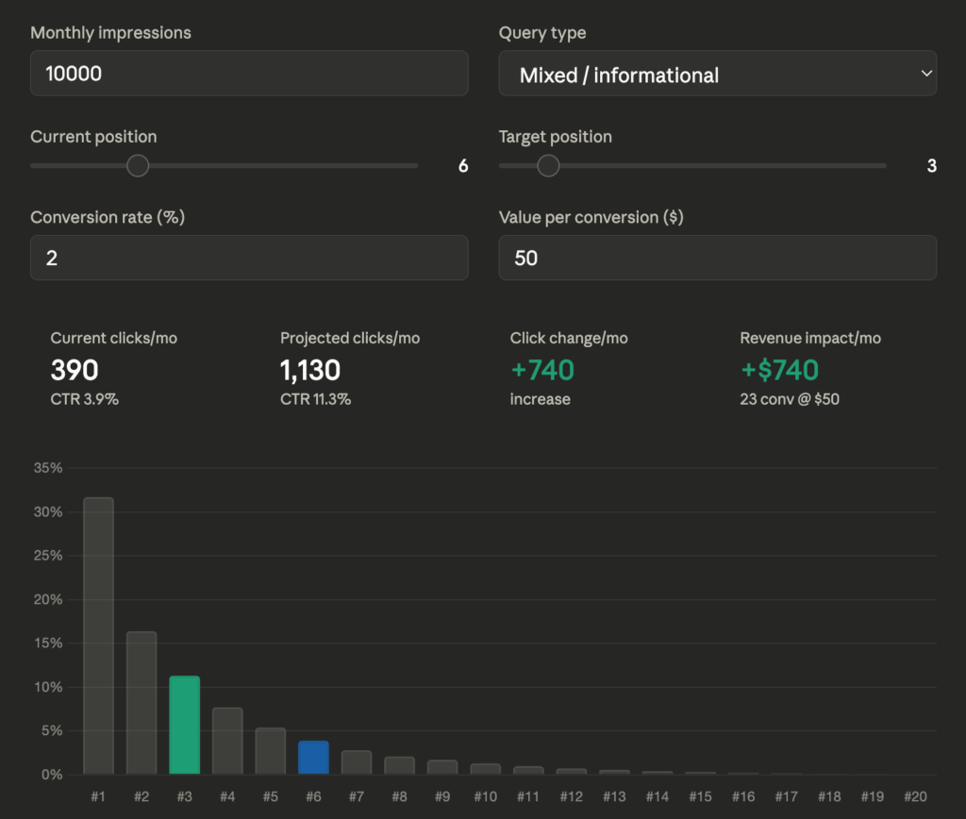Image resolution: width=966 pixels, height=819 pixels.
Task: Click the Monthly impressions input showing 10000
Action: point(249,74)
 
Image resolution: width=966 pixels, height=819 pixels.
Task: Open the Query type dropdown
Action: point(717,74)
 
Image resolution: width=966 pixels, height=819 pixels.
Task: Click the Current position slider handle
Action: point(138,166)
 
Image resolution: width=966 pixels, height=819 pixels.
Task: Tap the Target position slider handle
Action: point(548,166)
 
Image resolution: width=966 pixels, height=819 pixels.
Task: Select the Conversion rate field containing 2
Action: point(249,258)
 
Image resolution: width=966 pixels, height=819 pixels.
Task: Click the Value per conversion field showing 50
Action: point(717,258)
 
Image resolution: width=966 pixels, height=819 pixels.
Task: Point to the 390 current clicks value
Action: point(75,369)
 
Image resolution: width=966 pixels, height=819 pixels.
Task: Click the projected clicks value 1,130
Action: point(310,369)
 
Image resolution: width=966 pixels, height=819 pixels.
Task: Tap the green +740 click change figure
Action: point(542,369)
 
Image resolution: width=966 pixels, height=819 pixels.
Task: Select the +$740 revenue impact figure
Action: point(779,369)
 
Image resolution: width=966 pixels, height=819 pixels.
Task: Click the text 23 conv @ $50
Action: point(790,399)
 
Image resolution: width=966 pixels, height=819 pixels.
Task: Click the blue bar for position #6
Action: point(313,758)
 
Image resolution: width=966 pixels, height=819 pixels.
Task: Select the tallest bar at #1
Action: point(98,636)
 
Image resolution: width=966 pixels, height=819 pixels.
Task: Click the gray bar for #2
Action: point(142,703)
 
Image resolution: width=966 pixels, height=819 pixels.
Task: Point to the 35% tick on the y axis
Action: point(48,468)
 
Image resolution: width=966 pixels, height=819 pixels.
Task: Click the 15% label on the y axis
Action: point(48,643)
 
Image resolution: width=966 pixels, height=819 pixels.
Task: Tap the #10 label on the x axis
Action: point(485,797)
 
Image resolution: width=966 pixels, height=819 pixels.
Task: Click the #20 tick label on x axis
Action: point(915,797)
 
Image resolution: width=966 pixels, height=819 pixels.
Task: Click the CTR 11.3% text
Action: point(315,399)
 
